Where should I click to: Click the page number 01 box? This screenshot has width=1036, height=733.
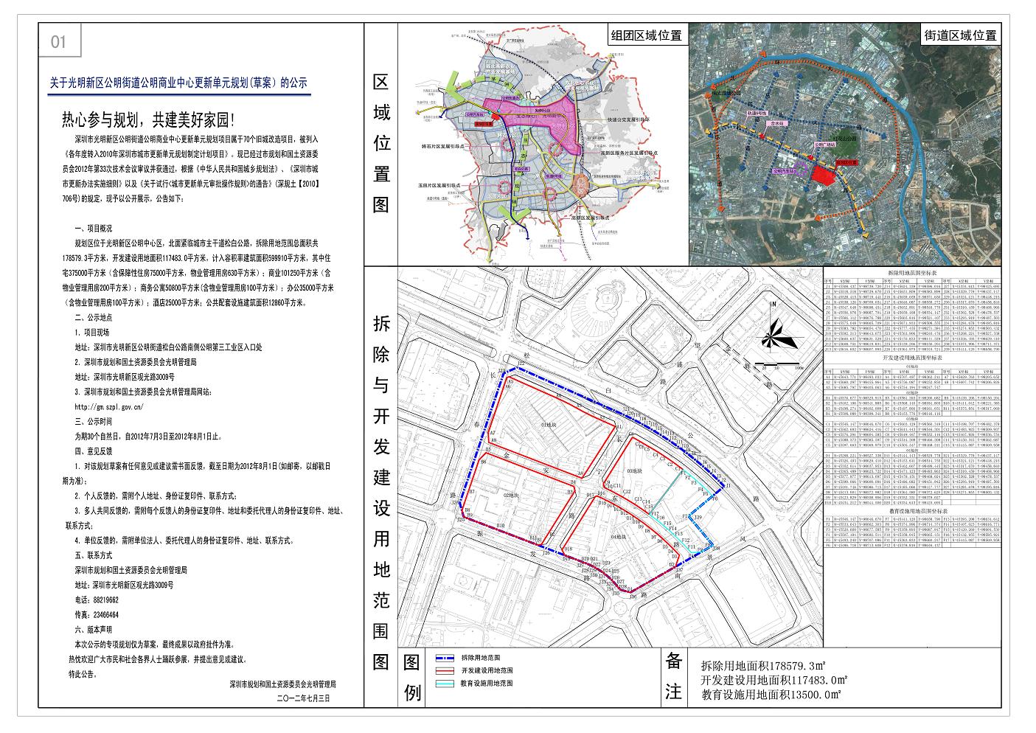point(58,42)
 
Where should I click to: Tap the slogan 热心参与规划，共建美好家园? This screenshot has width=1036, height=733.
point(148,119)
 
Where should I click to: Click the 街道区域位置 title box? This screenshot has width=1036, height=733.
point(960,35)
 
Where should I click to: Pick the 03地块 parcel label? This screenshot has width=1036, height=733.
point(633,470)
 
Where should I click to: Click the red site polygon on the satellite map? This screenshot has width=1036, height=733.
point(826,174)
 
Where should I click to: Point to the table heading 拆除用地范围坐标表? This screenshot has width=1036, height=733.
point(911,272)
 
